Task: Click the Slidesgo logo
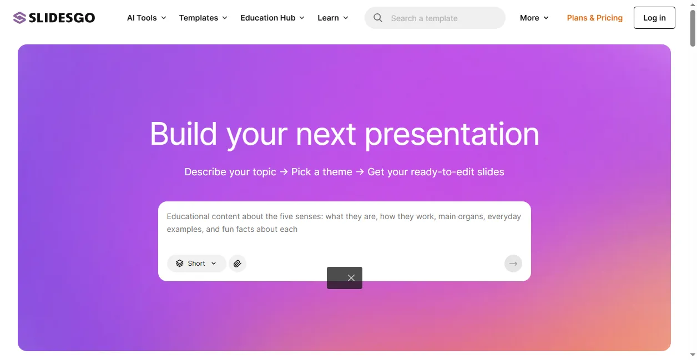click(54, 18)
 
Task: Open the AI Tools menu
click(147, 18)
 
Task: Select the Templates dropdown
click(203, 18)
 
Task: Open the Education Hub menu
click(272, 18)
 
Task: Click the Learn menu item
click(332, 18)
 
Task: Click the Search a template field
click(435, 18)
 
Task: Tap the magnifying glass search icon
click(378, 18)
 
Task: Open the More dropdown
click(534, 18)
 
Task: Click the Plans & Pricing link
click(595, 18)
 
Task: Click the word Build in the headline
click(183, 134)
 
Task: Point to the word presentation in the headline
click(452, 134)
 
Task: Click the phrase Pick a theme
click(321, 172)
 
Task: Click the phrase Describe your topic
click(230, 172)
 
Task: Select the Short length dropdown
click(196, 263)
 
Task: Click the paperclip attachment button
click(238, 263)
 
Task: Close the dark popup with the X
click(351, 278)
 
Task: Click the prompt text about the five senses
click(344, 223)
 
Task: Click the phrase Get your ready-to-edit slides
click(436, 172)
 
